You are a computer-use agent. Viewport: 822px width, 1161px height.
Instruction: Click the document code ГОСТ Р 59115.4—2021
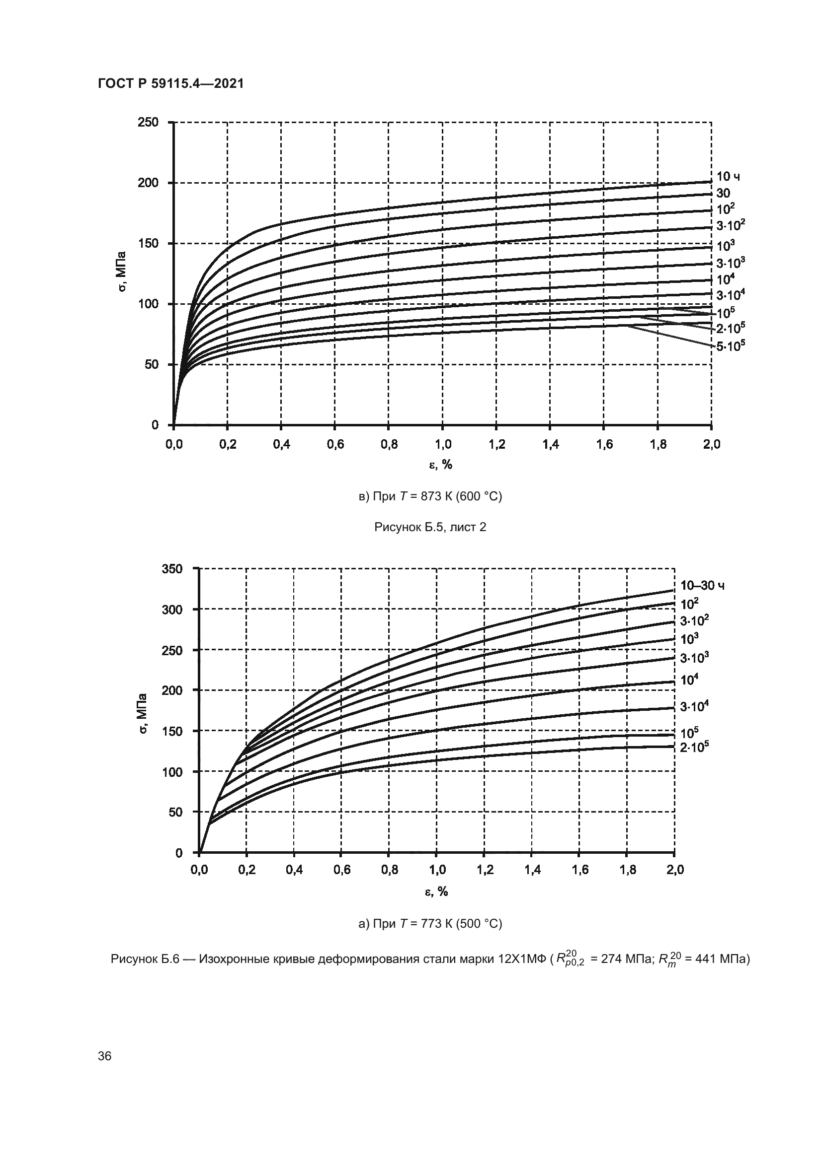pyautogui.click(x=170, y=83)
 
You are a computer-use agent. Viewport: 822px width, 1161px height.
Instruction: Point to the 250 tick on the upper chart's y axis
pyautogui.click(x=148, y=122)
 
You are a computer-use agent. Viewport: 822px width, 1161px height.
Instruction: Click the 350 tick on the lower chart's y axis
pyautogui.click(x=171, y=569)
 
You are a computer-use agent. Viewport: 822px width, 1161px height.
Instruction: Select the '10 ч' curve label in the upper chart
pyautogui.click(x=729, y=177)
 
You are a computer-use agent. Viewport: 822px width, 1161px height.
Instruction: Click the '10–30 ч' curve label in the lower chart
pyautogui.click(x=702, y=586)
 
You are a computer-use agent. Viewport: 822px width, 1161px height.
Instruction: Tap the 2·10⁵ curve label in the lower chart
pyautogui.click(x=694, y=747)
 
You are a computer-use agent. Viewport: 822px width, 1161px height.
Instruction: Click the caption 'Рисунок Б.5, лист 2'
pyautogui.click(x=430, y=527)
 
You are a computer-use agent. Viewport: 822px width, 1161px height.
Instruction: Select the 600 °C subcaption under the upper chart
pyautogui.click(x=430, y=496)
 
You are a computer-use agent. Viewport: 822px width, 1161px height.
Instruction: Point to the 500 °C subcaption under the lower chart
pyautogui.click(x=430, y=924)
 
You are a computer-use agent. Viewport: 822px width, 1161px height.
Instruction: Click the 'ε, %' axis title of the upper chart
pyautogui.click(x=441, y=464)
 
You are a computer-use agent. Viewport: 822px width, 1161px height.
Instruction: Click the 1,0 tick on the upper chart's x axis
pyautogui.click(x=442, y=444)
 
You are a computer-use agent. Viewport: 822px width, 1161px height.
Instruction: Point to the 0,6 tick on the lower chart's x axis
pyautogui.click(x=342, y=870)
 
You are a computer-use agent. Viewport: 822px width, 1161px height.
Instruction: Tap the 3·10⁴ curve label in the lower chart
pyautogui.click(x=694, y=706)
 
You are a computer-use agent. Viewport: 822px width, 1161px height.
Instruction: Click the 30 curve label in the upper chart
pyautogui.click(x=723, y=193)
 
